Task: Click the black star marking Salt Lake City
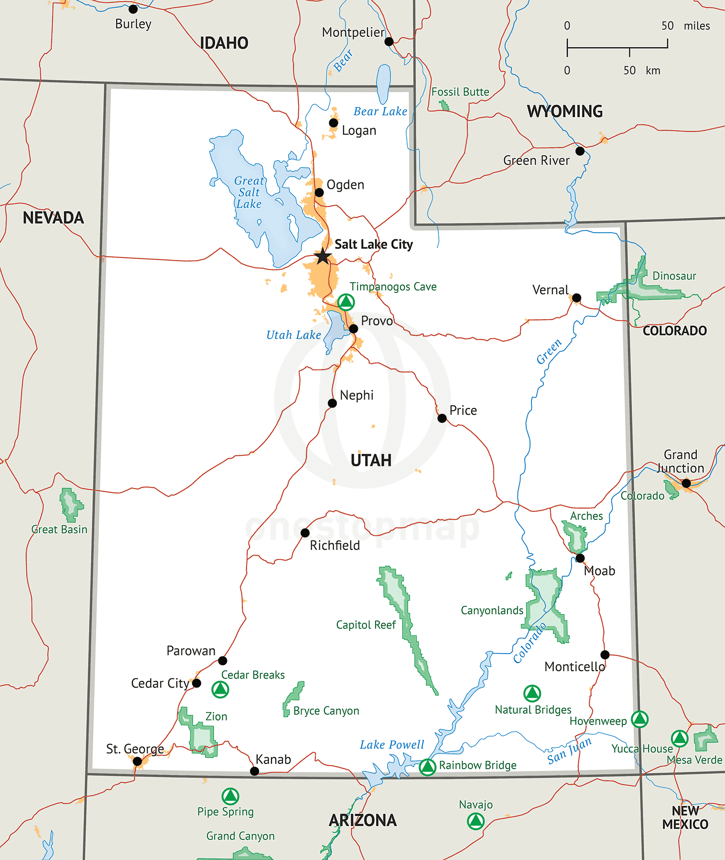point(323,256)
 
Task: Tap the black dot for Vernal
point(576,298)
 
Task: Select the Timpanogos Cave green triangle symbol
point(346,302)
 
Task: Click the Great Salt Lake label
point(249,193)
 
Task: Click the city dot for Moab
point(580,558)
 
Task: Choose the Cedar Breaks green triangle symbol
point(220,689)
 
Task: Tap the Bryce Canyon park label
point(326,711)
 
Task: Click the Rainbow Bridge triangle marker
point(427,767)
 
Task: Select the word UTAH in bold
point(371,460)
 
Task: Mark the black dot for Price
point(442,419)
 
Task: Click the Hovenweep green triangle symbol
point(639,719)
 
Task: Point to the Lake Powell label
point(392,745)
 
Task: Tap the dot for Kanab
point(255,771)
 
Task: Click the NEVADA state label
point(54,218)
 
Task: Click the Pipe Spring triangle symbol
point(230,796)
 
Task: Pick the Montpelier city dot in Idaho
point(389,42)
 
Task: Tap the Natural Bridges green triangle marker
point(532,694)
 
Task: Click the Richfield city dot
point(305,533)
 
